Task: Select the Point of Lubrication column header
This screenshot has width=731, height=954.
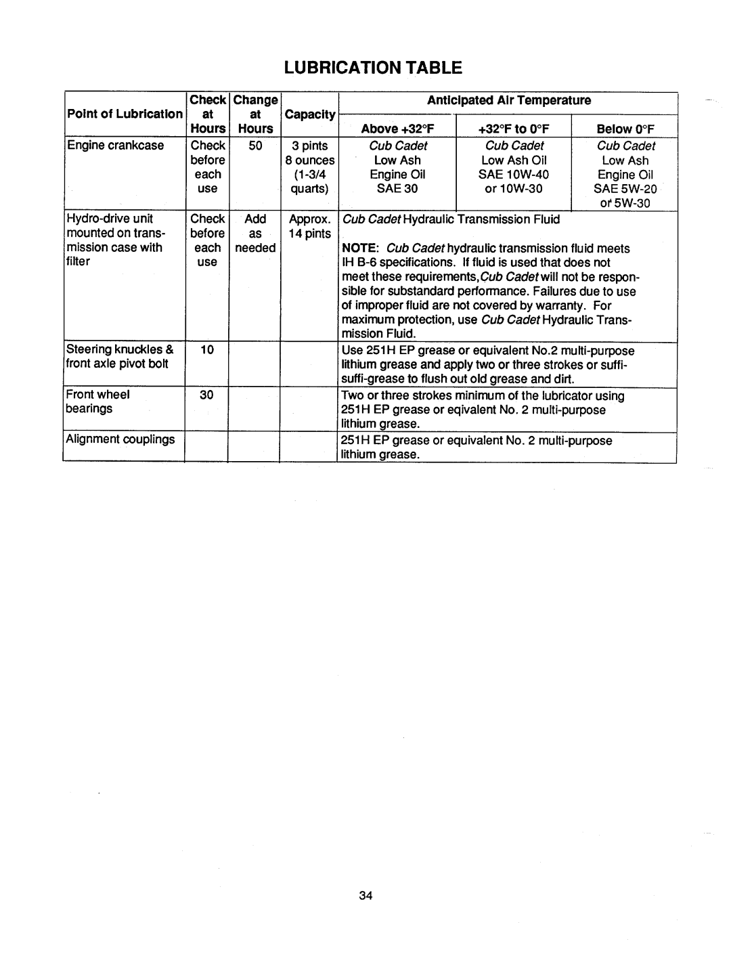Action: coord(124,114)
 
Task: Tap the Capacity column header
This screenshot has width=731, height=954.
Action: coord(310,114)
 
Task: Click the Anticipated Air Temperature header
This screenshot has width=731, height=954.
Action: coord(508,100)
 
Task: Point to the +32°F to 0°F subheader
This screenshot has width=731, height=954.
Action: coord(514,129)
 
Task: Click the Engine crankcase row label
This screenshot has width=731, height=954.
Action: coord(115,146)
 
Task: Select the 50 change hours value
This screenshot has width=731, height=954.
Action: coord(254,146)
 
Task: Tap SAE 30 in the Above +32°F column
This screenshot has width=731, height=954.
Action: coord(397,189)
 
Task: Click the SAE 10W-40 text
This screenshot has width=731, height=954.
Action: coord(514,175)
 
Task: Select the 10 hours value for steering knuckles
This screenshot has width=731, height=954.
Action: coord(207,349)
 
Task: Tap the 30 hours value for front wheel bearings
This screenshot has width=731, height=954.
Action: coord(207,395)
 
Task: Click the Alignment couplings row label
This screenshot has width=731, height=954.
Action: coord(120,439)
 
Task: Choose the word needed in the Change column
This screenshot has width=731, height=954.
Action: coord(255,248)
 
